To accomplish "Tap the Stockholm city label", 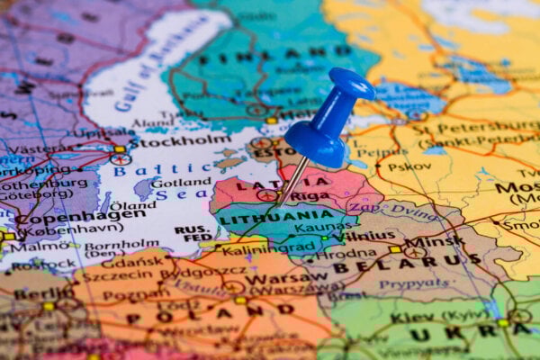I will click(180, 141).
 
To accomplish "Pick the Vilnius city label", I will click(369, 236).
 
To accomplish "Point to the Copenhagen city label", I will click(81, 216).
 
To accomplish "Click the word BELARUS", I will click(397, 263).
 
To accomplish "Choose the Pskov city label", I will click(397, 166).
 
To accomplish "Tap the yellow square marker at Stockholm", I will click(120, 149).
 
